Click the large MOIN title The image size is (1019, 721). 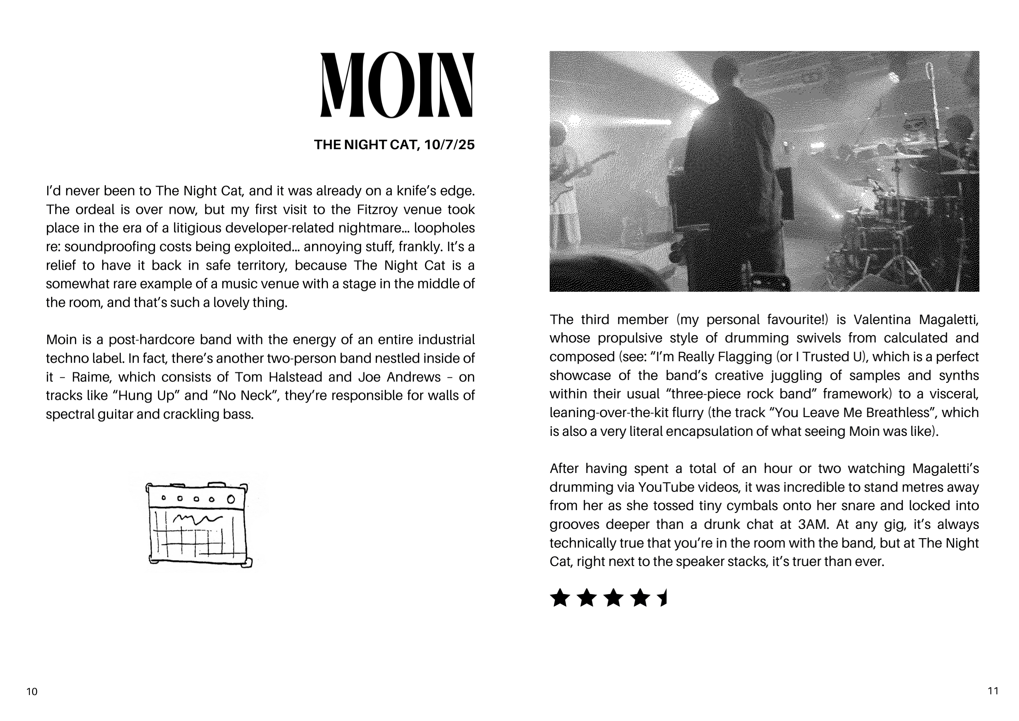[x=397, y=85]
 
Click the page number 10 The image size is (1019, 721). [x=32, y=691]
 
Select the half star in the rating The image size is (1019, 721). [x=663, y=598]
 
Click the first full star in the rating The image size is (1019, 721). [x=560, y=598]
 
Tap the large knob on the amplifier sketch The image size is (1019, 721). [x=231, y=499]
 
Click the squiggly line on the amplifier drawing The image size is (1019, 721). [x=197, y=518]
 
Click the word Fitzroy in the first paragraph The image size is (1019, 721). [x=377, y=209]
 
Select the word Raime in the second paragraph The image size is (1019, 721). [x=92, y=377]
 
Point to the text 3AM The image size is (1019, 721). [x=813, y=524]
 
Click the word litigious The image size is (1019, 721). [x=197, y=228]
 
